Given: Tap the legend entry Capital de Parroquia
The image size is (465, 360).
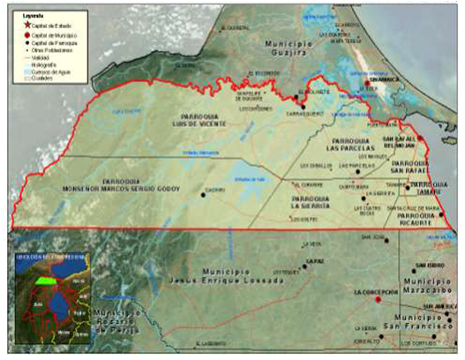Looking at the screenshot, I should click(49, 41).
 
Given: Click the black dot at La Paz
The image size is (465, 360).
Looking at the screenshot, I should click(305, 264).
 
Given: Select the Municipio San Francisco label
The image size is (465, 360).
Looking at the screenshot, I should click(422, 322).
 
